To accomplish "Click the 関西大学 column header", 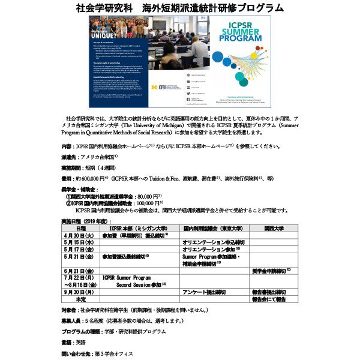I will point(273,229).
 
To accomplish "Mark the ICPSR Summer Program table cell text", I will point(126,278).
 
